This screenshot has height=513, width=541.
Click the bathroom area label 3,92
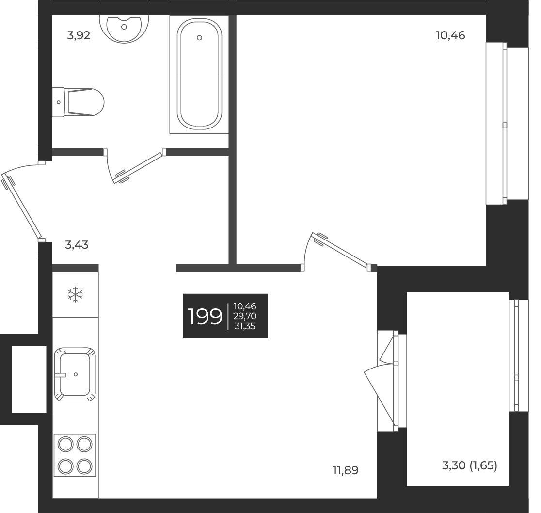point(79,36)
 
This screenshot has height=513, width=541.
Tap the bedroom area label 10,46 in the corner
point(450,35)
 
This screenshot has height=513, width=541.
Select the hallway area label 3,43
point(77,245)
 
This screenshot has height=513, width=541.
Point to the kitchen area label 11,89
point(346,470)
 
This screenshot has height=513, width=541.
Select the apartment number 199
point(205,317)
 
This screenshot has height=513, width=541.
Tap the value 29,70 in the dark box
point(245,316)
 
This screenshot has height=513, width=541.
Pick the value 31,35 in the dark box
point(245,326)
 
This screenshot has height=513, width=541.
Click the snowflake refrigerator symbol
point(75,294)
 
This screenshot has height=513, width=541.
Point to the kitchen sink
point(75,374)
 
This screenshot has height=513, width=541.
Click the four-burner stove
point(75,454)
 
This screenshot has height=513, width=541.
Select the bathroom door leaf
point(137,168)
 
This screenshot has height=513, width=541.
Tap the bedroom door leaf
point(341,251)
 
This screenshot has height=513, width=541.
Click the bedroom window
point(504,123)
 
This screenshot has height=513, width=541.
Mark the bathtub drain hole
point(199,38)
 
